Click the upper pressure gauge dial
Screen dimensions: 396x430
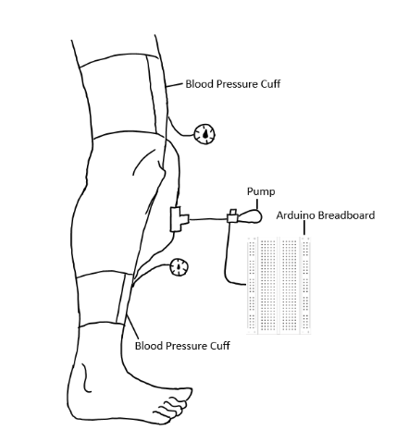tap(204, 134)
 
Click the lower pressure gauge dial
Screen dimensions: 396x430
tap(179, 267)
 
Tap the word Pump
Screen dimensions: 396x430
tap(261, 191)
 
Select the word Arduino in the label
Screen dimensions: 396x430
tap(296, 215)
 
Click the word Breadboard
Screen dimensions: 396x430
tap(346, 215)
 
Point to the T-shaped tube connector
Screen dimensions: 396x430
tap(179, 219)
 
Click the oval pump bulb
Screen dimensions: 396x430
tap(250, 216)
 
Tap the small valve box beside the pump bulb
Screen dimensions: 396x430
tap(233, 217)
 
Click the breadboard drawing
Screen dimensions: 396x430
tap(278, 286)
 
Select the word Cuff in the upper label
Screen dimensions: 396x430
tap(270, 84)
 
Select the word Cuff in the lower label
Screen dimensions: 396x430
tap(220, 346)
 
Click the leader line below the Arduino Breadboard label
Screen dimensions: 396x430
tap(304, 227)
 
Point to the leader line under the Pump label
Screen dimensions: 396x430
tap(257, 203)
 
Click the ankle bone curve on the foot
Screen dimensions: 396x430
tap(86, 378)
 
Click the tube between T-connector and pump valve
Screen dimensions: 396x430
tap(208, 219)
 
